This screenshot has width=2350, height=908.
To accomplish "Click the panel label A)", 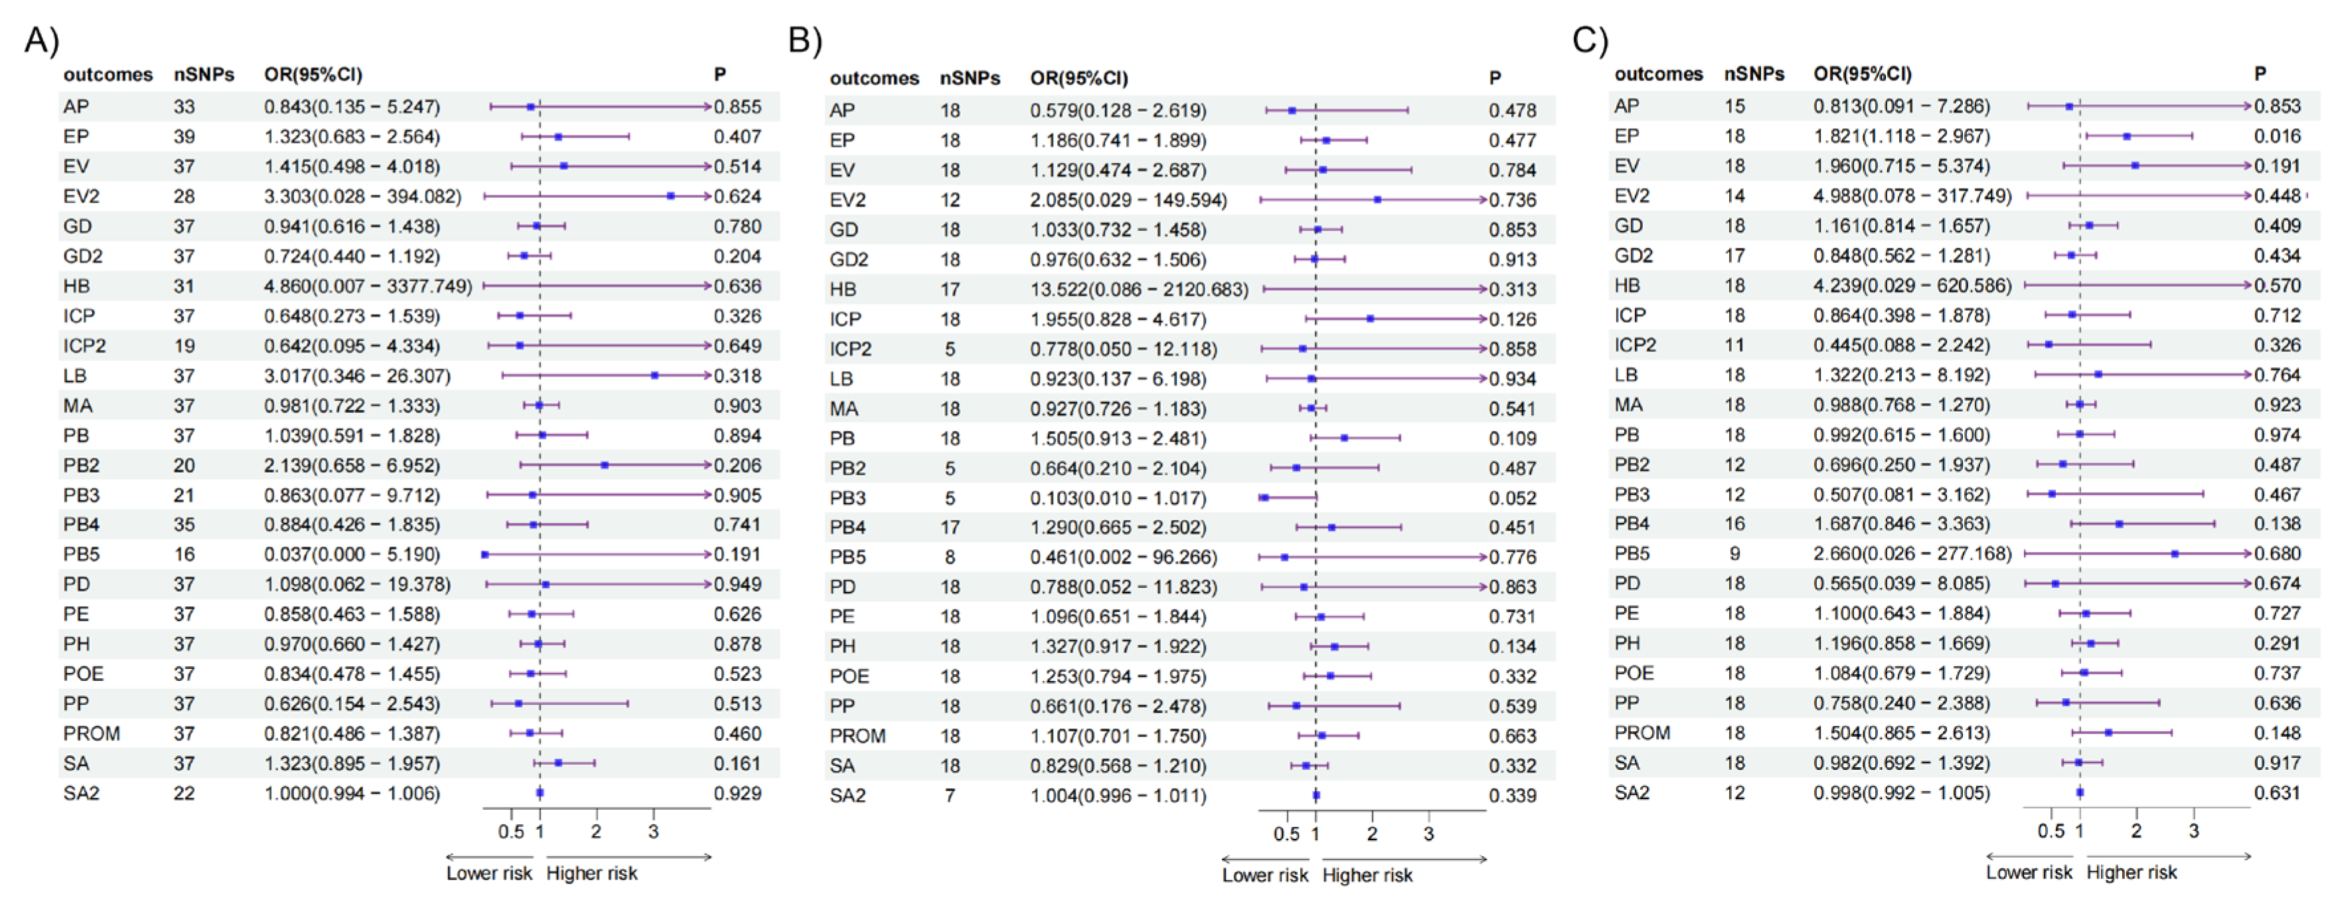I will coord(41,41).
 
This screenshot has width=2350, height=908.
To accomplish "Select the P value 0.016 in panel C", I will coord(2277,136).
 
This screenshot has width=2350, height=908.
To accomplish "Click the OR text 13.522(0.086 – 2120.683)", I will coord(1139,290).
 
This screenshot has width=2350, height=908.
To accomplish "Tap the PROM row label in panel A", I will coord(91,734).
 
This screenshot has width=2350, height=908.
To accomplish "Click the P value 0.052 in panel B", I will coord(1511,498).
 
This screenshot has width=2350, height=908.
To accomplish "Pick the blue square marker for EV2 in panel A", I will coord(671,196).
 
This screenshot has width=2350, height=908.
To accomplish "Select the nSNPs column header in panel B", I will coord(969,78).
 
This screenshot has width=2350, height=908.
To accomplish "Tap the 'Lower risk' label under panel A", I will coord(488,873).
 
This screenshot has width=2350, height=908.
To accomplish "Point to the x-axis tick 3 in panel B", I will coord(1428,834).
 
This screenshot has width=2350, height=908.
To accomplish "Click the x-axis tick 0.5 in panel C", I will coord(2050,832).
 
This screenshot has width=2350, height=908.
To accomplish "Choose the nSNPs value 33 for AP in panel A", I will coord(185,107).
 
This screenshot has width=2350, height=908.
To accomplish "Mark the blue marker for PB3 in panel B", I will coord(1264,498).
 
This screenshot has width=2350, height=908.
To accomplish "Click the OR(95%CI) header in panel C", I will coord(1862,74).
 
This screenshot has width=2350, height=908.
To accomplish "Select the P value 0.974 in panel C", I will coord(2277,435).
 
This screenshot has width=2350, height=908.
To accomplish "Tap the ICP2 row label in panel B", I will coord(850,349).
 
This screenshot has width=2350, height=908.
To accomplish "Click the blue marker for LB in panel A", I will coord(654,375).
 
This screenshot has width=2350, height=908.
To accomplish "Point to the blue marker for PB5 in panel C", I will coord(2174,554).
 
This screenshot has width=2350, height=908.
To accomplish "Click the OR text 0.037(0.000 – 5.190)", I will coord(351,555).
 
